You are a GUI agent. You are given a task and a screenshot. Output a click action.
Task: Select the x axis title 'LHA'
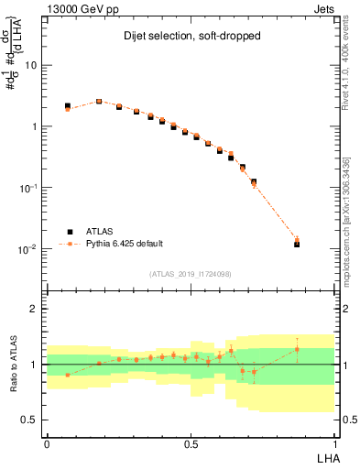pos(326,456)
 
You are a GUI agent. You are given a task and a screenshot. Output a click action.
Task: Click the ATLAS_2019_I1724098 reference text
pos(191,274)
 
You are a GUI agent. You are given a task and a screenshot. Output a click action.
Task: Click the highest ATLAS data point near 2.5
pos(99,102)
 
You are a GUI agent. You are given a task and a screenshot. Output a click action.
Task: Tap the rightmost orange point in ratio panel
pos(297,349)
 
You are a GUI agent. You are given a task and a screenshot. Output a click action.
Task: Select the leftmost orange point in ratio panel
pos(68,375)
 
